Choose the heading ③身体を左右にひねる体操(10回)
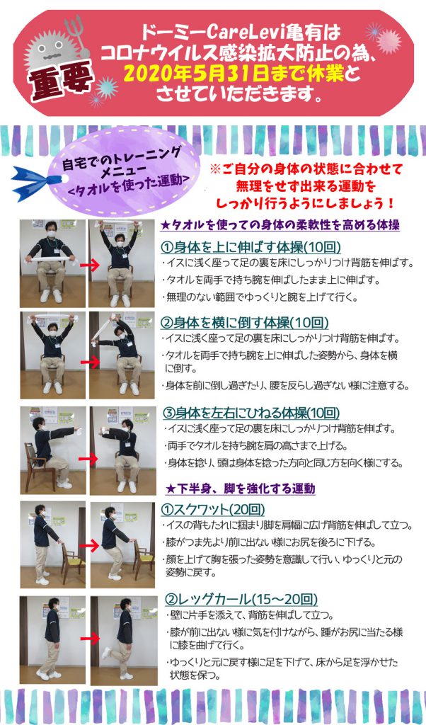point(252,412)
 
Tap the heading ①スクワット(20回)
point(213,509)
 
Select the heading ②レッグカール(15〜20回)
point(241,600)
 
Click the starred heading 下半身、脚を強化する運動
point(241,489)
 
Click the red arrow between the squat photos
point(91,546)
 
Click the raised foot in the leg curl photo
point(107,653)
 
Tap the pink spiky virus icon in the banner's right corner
point(388,42)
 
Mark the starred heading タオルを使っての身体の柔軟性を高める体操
point(280,226)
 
